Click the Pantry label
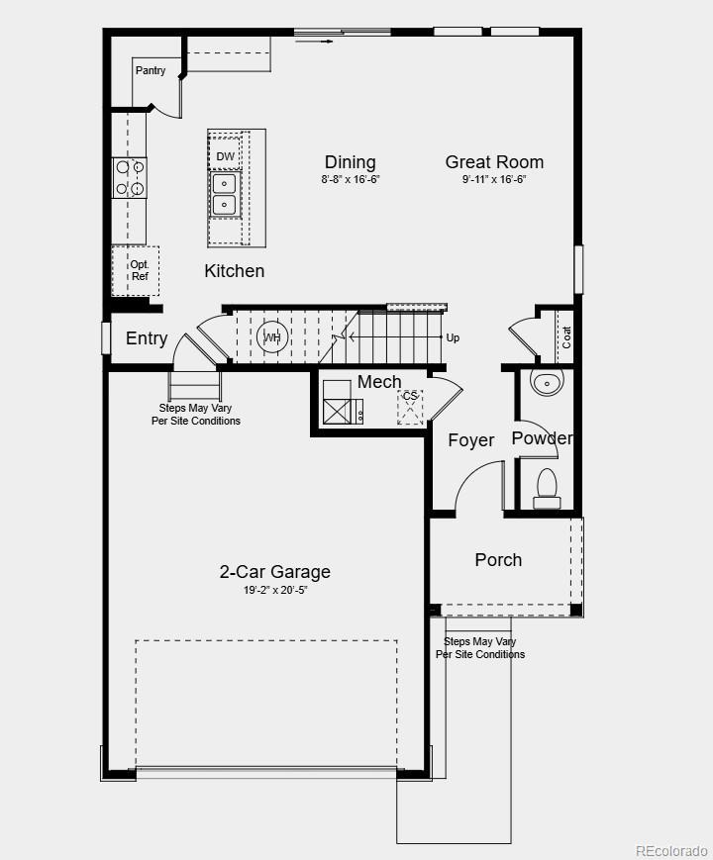coord(151,71)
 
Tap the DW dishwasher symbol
coord(225,156)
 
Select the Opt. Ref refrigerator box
coord(137,270)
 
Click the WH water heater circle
coord(272,337)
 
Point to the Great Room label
coord(494,162)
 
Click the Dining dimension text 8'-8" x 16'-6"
coord(350,180)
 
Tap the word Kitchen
coord(234,270)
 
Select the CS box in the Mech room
coord(410,406)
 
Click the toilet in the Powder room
coord(547,488)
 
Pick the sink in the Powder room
coord(546,383)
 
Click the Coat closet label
coord(566,337)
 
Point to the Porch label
coord(498,560)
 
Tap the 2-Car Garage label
coord(274,572)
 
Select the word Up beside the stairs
coord(453,337)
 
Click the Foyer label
coord(470,440)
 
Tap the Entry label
coord(147,338)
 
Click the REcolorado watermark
coord(670,850)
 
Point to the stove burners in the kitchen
coord(130,178)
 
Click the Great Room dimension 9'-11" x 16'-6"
coord(494,180)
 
